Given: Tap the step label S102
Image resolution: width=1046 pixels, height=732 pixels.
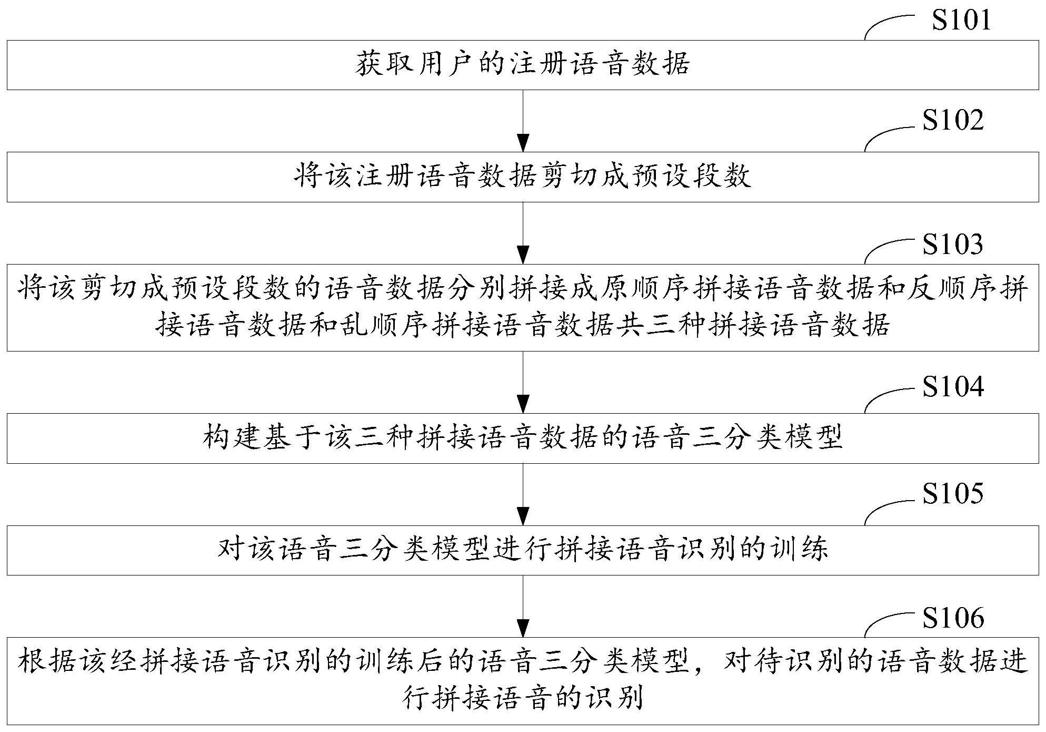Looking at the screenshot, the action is pyautogui.click(x=953, y=120).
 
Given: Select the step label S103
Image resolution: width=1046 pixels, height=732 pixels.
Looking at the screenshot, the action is pyautogui.click(x=953, y=244).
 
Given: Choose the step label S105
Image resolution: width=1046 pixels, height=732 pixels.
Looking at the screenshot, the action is pyautogui.click(x=953, y=494).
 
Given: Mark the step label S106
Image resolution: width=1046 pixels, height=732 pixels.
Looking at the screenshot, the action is pyautogui.click(x=953, y=618).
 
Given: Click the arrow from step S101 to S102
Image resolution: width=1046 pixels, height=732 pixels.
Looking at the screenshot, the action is pyautogui.click(x=523, y=121).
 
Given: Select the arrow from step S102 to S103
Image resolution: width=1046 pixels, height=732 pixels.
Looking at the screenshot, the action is pyautogui.click(x=523, y=233).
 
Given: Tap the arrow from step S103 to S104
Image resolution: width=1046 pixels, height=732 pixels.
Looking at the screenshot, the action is pyautogui.click(x=523, y=382).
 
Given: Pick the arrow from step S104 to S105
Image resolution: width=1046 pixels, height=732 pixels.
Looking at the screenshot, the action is pyautogui.click(x=523, y=494).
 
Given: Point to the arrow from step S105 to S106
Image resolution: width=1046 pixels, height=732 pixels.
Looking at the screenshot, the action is pyautogui.click(x=523, y=606).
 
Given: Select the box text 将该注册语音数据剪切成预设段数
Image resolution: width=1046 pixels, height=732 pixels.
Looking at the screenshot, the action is pyautogui.click(x=523, y=177).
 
